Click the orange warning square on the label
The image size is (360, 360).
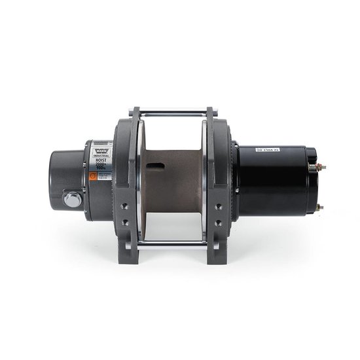pos(94,176)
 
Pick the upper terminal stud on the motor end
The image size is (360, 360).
pos(320,167)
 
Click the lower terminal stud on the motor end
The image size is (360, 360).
pos(319,207)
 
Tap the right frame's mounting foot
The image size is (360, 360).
pos(218,255)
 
